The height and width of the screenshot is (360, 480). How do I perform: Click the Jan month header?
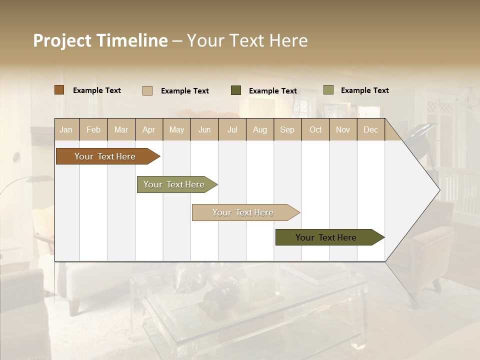66,129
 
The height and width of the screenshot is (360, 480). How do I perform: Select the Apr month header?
149,129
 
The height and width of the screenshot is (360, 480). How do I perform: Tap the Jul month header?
232,129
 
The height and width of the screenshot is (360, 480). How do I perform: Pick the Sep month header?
287,129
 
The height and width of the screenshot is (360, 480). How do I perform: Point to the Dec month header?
371,129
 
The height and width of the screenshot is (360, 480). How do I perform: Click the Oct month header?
315,129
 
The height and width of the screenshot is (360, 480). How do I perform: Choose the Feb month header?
93,129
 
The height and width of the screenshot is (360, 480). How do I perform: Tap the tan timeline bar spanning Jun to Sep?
243,212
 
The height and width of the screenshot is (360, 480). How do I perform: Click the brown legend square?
59,90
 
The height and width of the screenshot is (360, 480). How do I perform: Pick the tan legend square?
147,90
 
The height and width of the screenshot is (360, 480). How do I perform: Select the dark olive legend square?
236,90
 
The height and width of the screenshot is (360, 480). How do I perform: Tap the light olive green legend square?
328,90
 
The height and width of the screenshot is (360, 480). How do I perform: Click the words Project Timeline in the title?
100,40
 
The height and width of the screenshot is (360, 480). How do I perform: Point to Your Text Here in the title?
247,40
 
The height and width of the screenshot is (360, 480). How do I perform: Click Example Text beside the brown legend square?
97,90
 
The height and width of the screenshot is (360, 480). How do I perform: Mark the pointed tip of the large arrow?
439,189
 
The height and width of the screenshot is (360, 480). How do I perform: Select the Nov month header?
343,129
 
